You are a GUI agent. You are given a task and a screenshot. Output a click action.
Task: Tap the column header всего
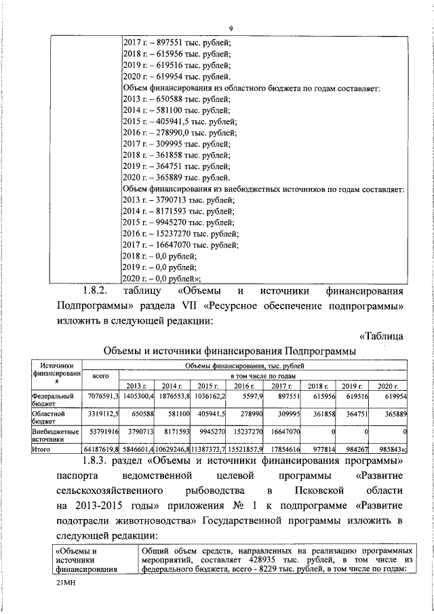pos(100,375)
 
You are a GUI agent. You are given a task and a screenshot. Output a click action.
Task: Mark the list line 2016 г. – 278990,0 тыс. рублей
pos(179,132)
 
